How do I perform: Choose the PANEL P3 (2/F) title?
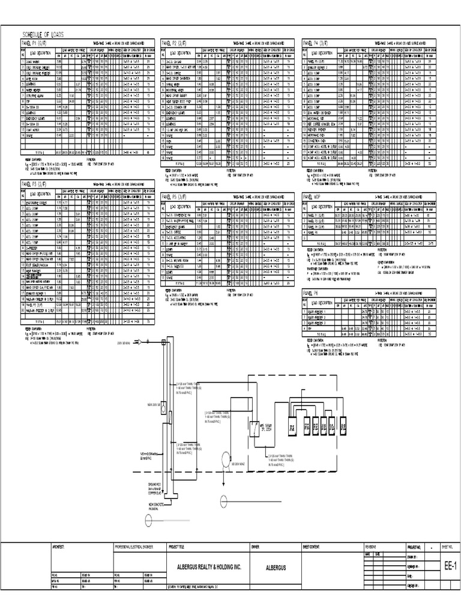(x=34, y=184)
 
